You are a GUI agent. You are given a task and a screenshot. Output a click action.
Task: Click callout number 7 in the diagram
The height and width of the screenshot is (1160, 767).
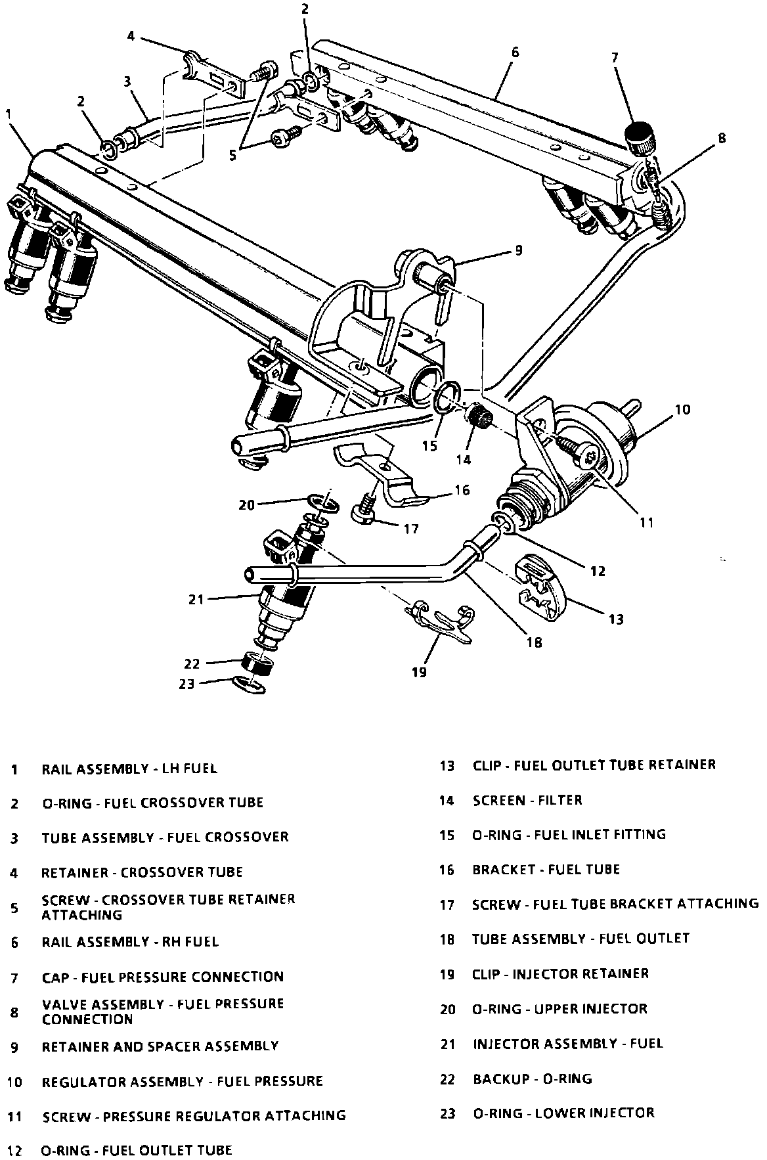coord(615,58)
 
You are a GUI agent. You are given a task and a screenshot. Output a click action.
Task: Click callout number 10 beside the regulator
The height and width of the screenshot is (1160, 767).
coord(682,410)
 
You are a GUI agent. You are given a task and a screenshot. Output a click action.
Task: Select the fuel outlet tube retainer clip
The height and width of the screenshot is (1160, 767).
coord(542,587)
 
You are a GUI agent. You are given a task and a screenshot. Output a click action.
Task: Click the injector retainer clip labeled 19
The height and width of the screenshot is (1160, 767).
coord(441,621)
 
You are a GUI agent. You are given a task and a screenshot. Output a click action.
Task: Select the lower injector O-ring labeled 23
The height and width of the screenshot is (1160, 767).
coord(249,684)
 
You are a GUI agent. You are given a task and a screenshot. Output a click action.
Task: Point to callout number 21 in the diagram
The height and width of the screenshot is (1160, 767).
coord(196,598)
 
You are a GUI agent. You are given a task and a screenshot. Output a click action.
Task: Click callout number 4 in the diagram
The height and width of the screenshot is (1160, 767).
coord(131,36)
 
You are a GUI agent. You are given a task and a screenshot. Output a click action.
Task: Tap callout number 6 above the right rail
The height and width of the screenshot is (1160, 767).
coord(514,52)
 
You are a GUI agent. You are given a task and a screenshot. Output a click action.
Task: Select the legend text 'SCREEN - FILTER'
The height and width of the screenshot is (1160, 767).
coord(527,800)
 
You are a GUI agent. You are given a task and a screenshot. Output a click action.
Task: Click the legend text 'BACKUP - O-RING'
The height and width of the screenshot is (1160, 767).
coord(532,1079)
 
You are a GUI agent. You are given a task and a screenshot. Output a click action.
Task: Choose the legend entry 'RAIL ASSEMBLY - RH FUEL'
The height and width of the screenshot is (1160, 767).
coord(130,942)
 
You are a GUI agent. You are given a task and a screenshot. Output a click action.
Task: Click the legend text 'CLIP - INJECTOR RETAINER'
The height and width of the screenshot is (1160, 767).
coord(560,973)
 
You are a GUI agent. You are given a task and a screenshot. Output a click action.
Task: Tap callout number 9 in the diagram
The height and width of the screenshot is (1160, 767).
coord(518,250)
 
